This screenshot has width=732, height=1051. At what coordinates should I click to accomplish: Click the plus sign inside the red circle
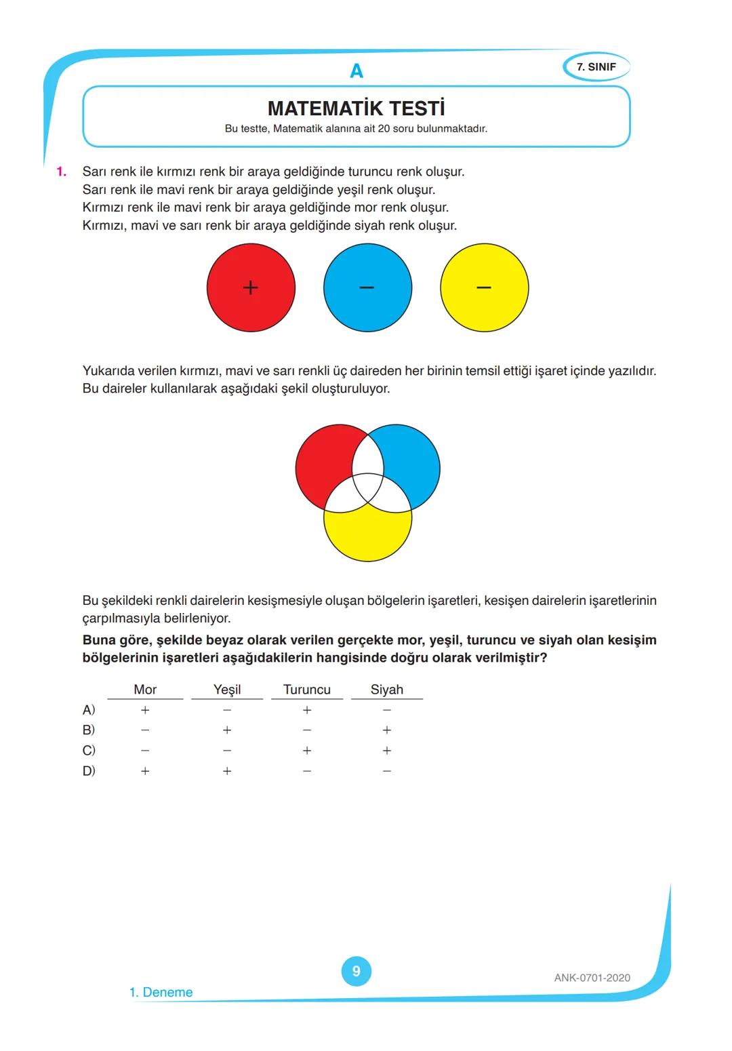click(250, 287)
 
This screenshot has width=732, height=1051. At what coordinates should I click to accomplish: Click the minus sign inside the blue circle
click(367, 287)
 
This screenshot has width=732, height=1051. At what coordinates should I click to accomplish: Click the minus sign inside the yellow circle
click(483, 287)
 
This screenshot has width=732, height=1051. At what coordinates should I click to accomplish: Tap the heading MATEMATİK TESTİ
click(356, 108)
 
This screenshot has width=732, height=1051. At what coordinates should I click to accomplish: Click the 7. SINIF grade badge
click(596, 67)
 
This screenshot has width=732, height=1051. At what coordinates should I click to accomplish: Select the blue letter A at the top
click(356, 71)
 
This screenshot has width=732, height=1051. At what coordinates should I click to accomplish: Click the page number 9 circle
click(356, 971)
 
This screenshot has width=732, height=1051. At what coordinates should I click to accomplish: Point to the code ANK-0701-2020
click(592, 978)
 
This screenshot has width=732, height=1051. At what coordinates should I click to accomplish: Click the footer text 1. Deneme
click(161, 992)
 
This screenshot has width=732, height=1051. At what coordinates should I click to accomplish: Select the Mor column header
click(145, 690)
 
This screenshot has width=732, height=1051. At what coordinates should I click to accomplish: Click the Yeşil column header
click(227, 690)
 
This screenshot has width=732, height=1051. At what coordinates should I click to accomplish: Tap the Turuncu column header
click(306, 690)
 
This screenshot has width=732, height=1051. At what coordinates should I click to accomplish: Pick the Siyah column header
click(386, 690)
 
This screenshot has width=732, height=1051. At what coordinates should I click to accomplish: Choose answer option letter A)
click(89, 710)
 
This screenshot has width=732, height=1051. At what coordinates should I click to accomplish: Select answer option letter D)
click(89, 771)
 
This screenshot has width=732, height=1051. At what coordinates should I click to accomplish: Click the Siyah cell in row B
click(386, 730)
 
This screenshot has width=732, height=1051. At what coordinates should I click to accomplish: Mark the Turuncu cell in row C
click(306, 751)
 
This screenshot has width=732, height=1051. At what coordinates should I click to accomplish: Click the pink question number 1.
click(62, 172)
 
